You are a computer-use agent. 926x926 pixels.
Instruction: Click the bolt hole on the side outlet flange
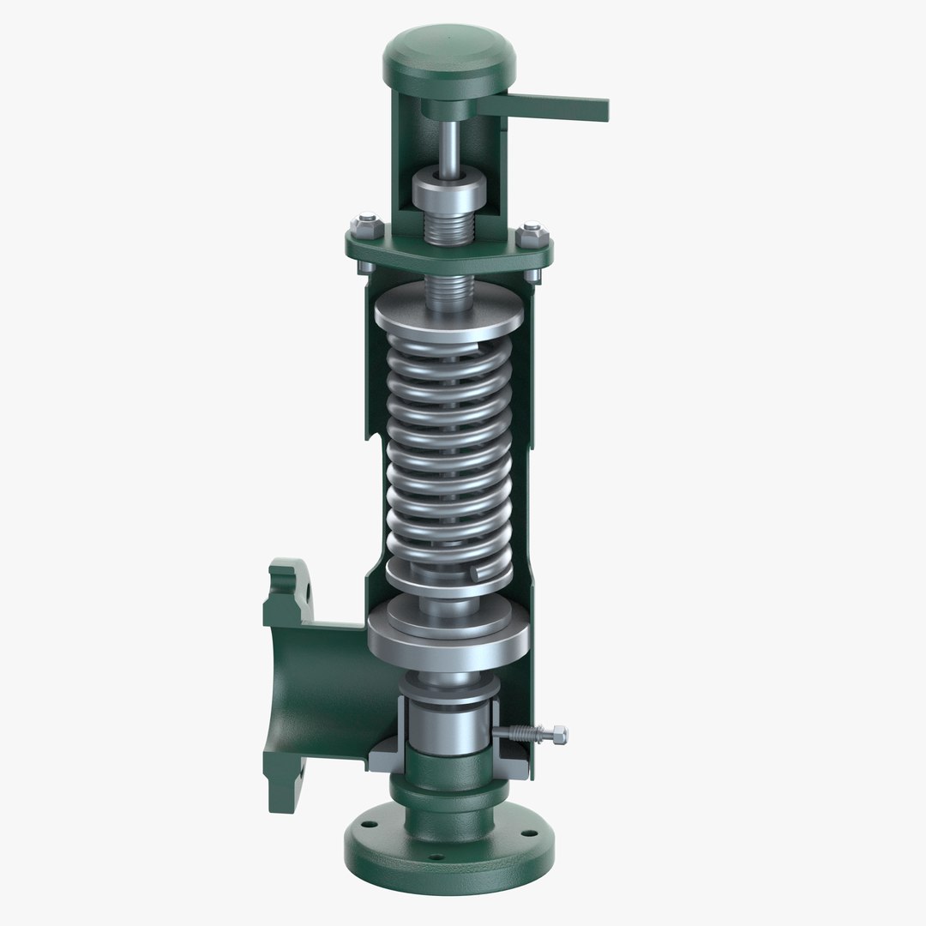[303, 589]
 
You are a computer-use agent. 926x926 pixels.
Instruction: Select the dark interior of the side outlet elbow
[317, 677]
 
